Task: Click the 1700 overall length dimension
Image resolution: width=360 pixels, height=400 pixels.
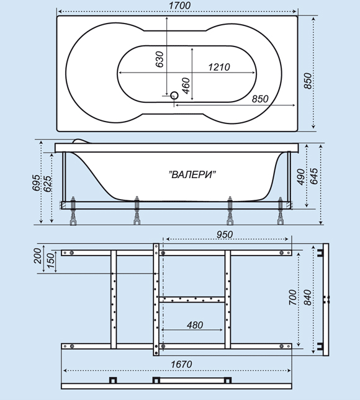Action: tap(180, 6)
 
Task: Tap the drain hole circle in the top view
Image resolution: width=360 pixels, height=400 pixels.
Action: tap(174, 96)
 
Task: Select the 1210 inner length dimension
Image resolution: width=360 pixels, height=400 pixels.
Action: tap(219, 67)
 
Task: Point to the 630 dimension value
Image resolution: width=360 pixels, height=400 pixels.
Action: tap(160, 60)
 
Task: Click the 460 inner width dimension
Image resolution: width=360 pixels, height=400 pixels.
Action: tap(186, 86)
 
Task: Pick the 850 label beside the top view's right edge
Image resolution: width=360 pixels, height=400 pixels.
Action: tap(308, 81)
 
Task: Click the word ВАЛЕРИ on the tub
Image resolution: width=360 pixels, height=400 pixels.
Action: tap(192, 175)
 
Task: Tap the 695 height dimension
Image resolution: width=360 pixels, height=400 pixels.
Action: tap(36, 183)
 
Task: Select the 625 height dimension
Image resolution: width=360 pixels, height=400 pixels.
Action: tap(48, 184)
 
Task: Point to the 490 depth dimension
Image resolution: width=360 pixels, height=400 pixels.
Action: tap(301, 177)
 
